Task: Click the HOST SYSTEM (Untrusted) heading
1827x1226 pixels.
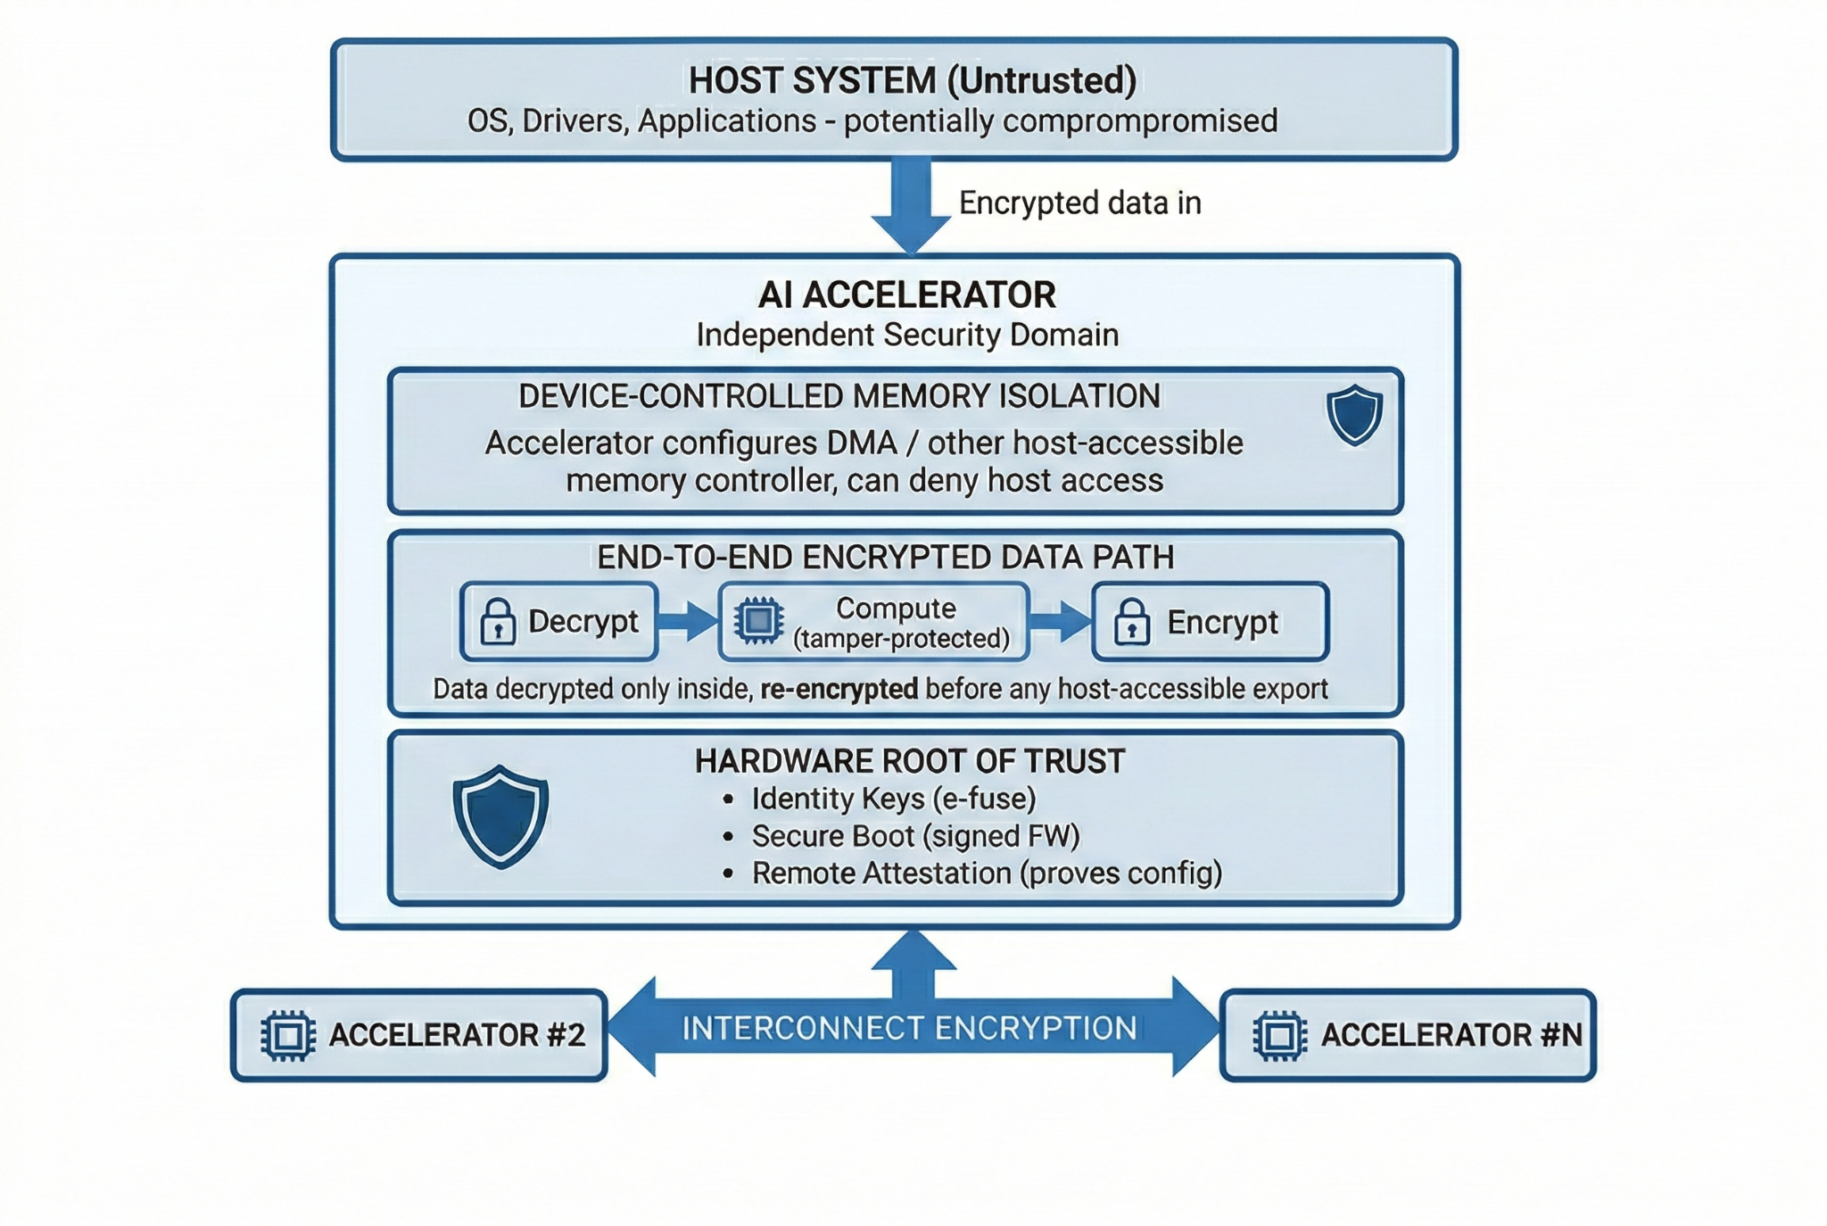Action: (912, 80)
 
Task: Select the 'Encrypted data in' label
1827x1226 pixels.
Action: (1079, 203)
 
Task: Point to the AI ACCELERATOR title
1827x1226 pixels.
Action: (906, 295)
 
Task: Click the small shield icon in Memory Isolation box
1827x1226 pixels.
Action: (1353, 415)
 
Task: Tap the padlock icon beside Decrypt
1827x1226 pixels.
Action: (498, 622)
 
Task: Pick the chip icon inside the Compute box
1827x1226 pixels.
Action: (758, 621)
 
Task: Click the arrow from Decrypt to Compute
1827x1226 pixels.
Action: (687, 621)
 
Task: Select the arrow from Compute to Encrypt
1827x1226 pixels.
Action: (1060, 621)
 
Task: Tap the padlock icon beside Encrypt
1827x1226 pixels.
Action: (1131, 622)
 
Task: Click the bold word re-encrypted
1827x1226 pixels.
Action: (839, 689)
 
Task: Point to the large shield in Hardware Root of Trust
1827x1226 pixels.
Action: (500, 816)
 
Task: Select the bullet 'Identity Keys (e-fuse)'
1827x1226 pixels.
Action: (893, 799)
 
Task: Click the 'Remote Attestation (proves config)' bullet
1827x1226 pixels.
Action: (986, 873)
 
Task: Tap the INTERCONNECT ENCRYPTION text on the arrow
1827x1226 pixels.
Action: (909, 1029)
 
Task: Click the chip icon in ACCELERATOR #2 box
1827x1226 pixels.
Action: (288, 1036)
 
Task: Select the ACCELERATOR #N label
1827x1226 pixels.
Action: (1451, 1035)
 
